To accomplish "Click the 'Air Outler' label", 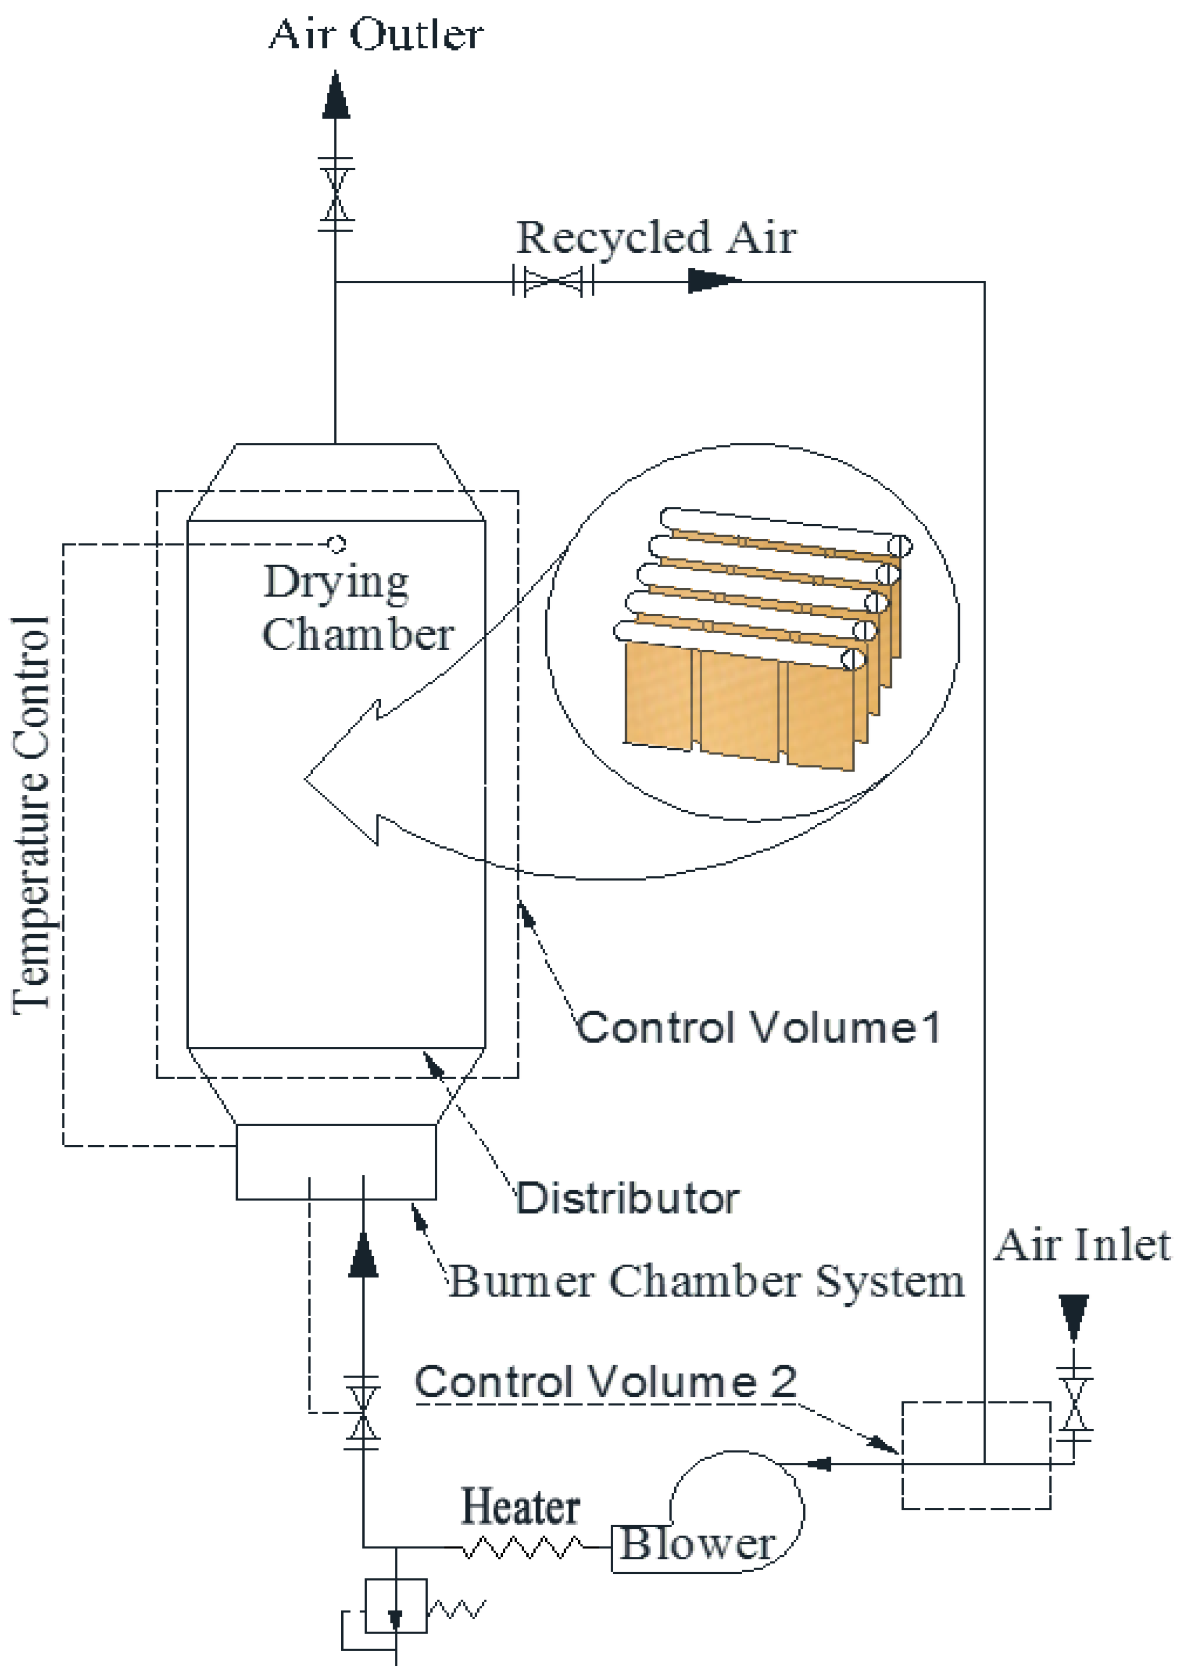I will point(375,34).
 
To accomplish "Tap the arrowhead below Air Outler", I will point(336,96).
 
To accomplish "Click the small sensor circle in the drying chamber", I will point(336,544).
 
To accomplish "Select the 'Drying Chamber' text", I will point(357,609).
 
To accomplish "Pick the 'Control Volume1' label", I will point(758,1028).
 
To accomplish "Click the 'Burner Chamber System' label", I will point(706,1281).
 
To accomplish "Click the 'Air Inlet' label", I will point(1082,1245).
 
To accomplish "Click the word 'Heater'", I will point(521,1507).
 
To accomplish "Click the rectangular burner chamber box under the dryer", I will point(336,1162).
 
